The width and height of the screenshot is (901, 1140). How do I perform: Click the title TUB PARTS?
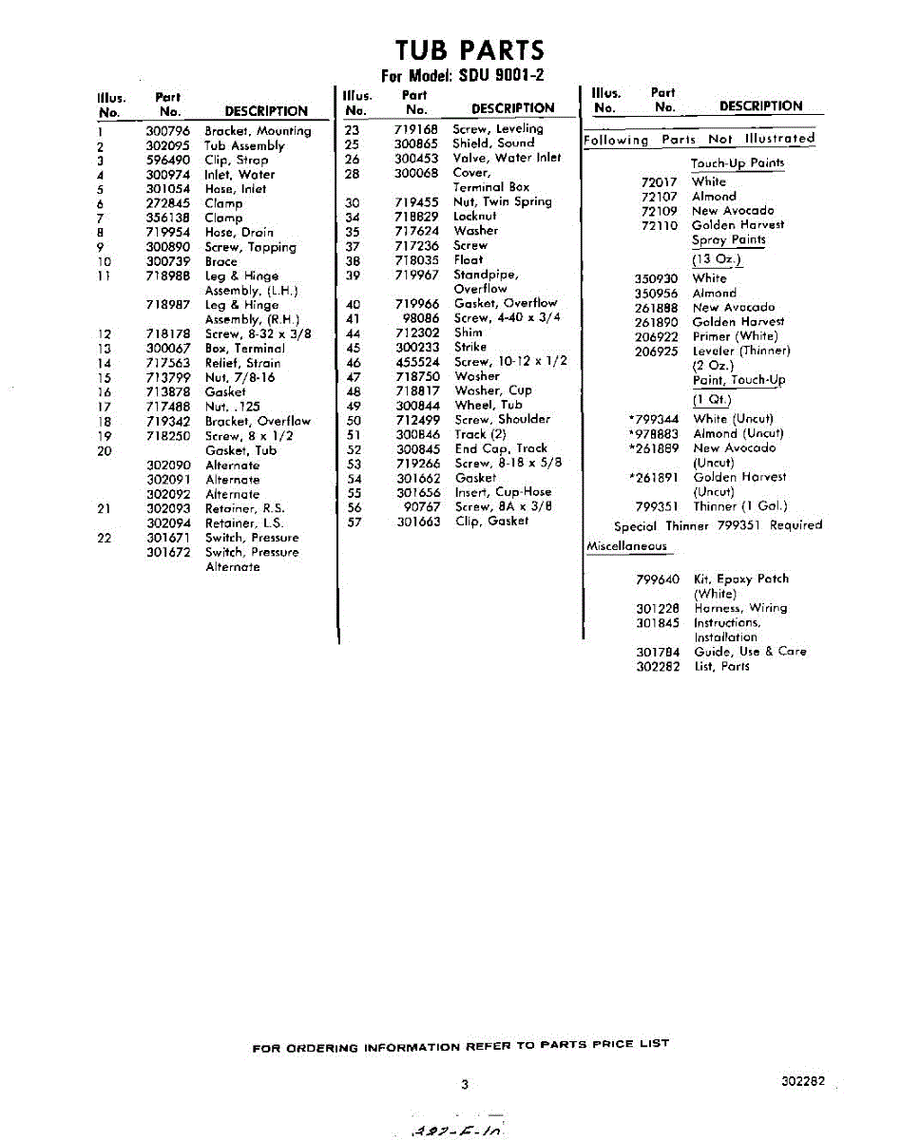[x=470, y=49]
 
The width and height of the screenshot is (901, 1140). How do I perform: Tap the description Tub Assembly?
[x=244, y=145]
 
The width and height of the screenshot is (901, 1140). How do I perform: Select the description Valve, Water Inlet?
[x=507, y=158]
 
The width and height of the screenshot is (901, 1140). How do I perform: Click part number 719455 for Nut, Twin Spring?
[x=416, y=201]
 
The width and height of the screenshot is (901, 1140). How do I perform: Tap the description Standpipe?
[x=485, y=275]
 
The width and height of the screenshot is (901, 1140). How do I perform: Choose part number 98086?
[x=421, y=317]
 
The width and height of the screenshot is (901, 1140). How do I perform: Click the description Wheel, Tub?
[x=488, y=405]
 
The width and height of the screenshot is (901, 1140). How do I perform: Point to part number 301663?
[x=417, y=522]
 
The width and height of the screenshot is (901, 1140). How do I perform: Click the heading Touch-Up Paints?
[x=737, y=163]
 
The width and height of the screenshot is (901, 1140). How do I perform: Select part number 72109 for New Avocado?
[x=659, y=211]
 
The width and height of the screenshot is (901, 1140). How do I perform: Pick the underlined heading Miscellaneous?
[x=626, y=546]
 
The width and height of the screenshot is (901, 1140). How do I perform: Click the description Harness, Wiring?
[x=739, y=608]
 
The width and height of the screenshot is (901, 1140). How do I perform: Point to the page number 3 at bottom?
[x=465, y=1084]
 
